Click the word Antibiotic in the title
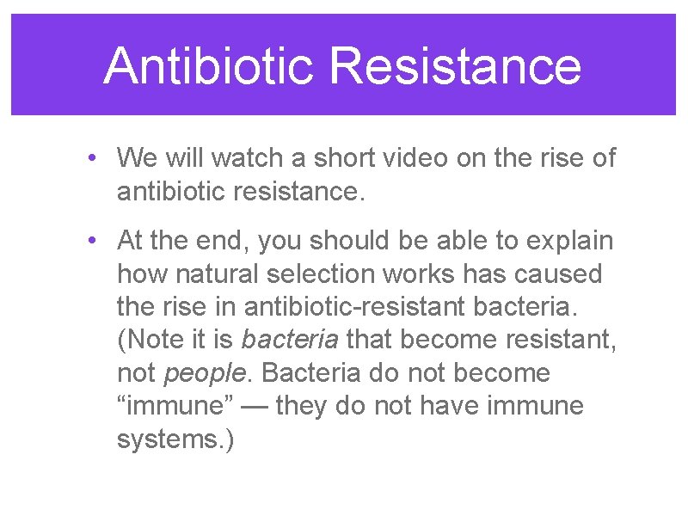coord(208,65)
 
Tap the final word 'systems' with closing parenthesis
coord(175,438)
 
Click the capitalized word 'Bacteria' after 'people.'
coord(305,372)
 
